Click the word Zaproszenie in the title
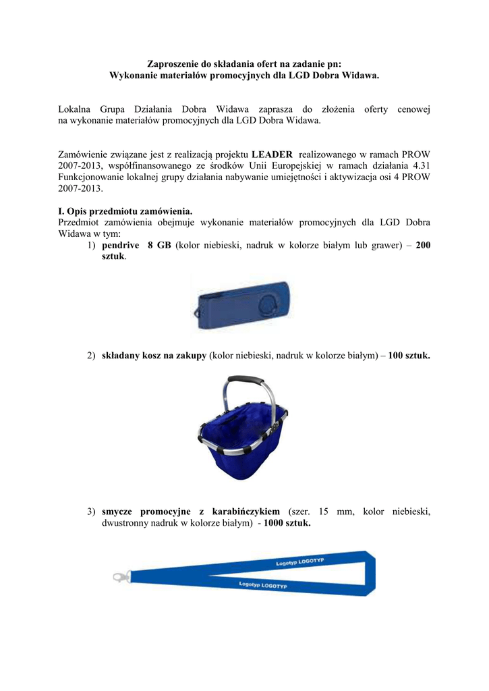point(175,63)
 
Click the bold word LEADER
point(272,154)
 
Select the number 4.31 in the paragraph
point(421,165)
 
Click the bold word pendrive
point(121,246)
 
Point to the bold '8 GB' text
point(159,246)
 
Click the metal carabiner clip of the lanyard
point(121,577)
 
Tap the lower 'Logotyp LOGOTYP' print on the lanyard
point(263,585)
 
